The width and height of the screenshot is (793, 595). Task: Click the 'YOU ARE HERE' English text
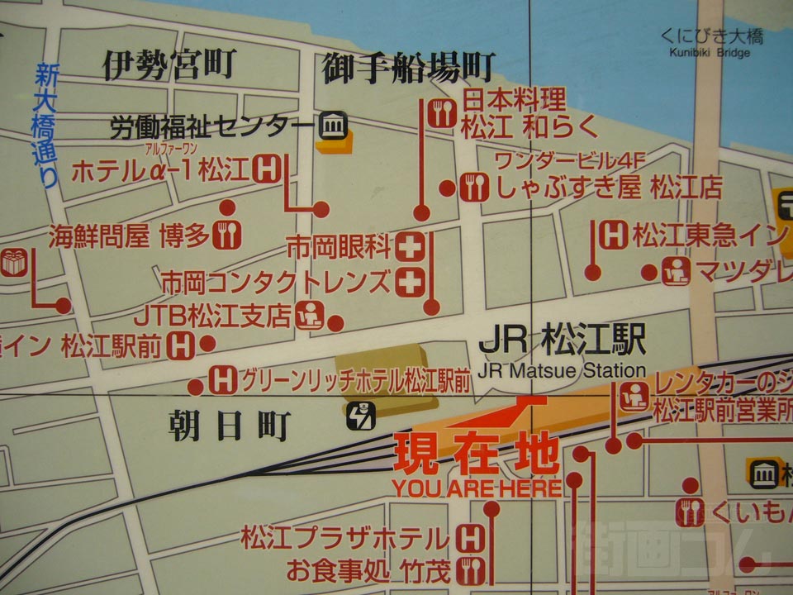(x=477, y=488)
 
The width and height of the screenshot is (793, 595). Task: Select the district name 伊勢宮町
(x=169, y=64)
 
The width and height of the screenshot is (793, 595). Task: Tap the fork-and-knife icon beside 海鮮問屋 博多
(x=226, y=236)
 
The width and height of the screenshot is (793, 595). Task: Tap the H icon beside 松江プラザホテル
(x=469, y=539)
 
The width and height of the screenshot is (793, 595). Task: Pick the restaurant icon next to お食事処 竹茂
(x=469, y=569)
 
